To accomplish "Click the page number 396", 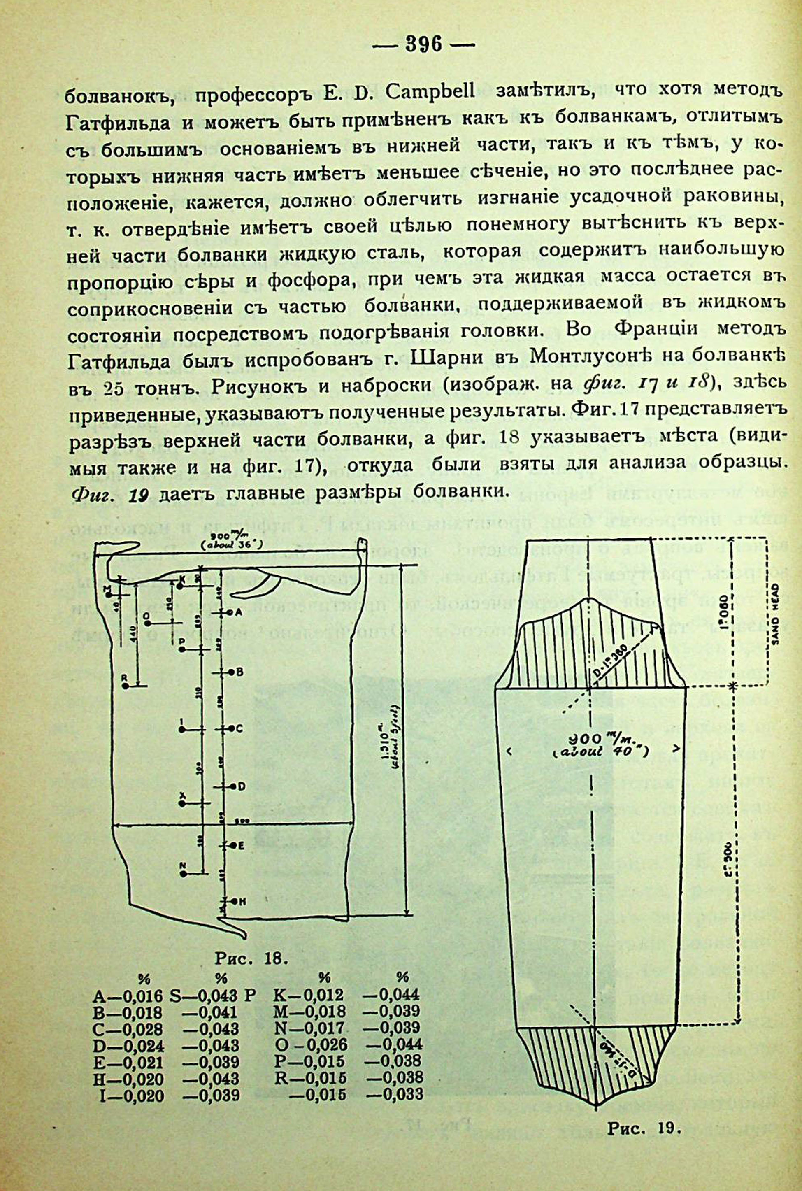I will coord(424,44).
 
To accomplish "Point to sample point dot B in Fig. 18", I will coord(231,671).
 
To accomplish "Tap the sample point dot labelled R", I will coord(124,686).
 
